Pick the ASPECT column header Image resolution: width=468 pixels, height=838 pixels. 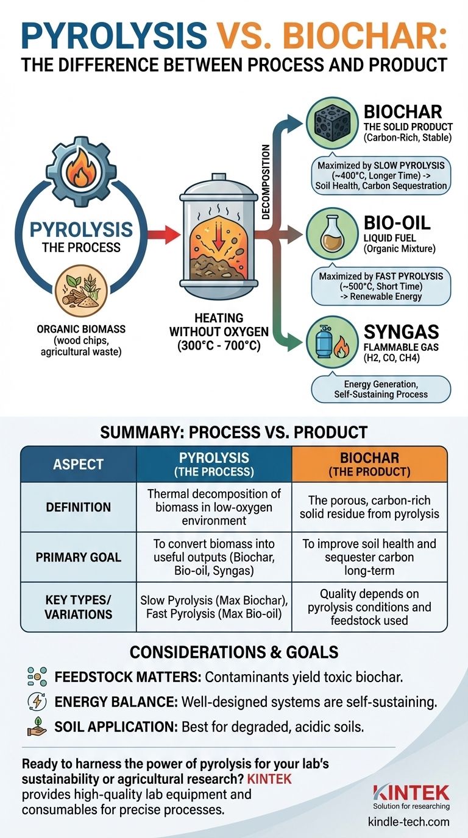[78, 465]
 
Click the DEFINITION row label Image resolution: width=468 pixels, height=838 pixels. [78, 507]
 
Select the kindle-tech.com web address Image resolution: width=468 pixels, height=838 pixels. [409, 822]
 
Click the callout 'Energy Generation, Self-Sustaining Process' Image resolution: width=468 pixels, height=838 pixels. [381, 389]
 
